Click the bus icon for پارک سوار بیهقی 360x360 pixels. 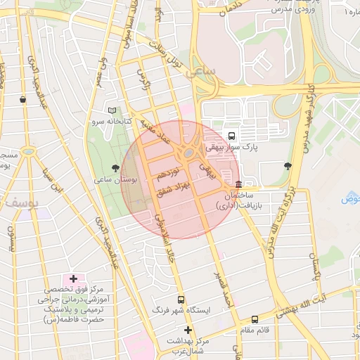coord(232,136)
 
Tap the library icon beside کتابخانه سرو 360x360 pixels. coord(112,110)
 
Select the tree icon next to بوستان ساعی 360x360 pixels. coord(115,167)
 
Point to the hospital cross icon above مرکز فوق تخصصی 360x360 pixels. coord(74,279)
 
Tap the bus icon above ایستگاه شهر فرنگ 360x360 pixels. coord(181,299)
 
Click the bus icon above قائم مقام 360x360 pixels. coord(255,319)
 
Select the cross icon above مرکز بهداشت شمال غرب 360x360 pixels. coord(187,330)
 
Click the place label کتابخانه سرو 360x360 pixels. coord(105,122)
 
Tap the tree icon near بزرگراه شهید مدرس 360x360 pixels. coord(288,167)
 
